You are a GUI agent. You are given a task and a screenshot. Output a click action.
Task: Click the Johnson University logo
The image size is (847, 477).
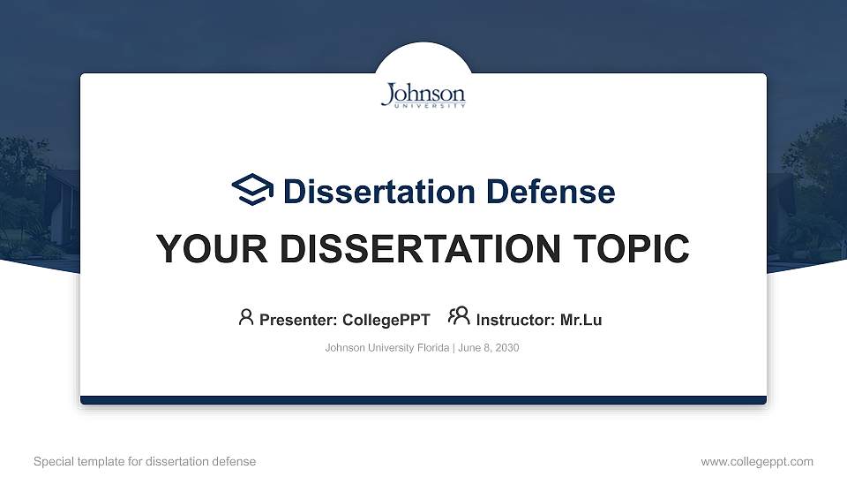(423, 95)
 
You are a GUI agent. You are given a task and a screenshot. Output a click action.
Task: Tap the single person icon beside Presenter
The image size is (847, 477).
(246, 317)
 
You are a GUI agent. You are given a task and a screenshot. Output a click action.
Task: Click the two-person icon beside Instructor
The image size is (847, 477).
(459, 316)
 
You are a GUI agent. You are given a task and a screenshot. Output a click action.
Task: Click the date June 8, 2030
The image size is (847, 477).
(489, 348)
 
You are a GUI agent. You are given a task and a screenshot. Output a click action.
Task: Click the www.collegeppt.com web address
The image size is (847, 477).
(757, 461)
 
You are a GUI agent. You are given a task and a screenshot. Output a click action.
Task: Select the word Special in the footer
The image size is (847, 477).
(53, 461)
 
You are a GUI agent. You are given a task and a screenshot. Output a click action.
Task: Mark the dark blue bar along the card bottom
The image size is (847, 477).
(423, 400)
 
